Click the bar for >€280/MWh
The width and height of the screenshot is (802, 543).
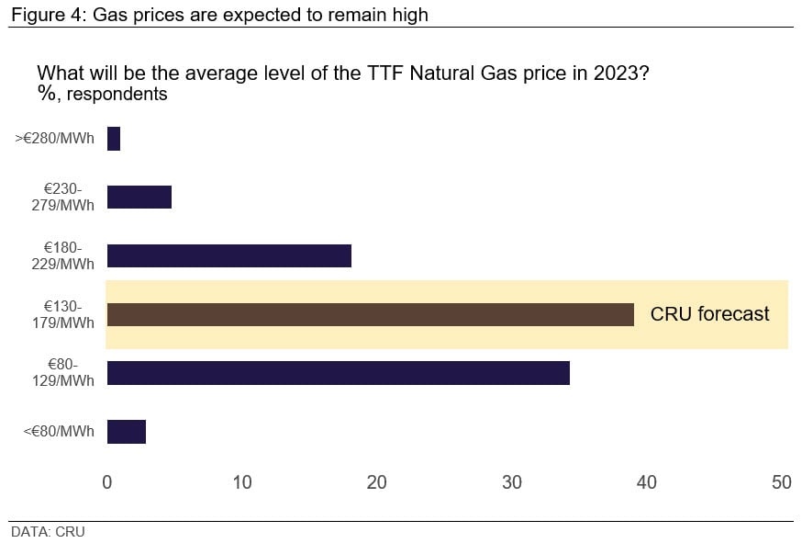tap(114, 139)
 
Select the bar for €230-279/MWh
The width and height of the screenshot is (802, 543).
tap(139, 198)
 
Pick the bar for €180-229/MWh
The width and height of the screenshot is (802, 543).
tap(229, 255)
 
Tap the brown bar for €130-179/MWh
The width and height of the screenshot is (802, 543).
tap(371, 314)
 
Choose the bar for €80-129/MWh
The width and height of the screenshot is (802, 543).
tap(339, 373)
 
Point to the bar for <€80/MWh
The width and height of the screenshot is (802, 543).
tap(127, 432)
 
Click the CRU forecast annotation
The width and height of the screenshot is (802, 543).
tap(709, 313)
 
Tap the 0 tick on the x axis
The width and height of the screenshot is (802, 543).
tap(106, 482)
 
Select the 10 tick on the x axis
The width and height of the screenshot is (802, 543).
tap(242, 482)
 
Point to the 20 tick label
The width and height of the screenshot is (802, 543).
tap(377, 482)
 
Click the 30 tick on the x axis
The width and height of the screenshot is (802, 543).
tap(512, 482)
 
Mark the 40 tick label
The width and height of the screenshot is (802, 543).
tap(647, 482)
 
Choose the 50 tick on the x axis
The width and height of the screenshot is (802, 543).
tap(782, 482)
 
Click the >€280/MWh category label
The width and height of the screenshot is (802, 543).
tap(55, 139)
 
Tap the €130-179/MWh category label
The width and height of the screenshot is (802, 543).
tap(63, 314)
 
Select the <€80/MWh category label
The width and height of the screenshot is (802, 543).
tap(59, 431)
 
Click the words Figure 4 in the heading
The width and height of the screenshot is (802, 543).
tap(47, 15)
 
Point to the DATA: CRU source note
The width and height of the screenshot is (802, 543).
tap(48, 532)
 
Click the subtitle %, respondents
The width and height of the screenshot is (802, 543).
tap(102, 95)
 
